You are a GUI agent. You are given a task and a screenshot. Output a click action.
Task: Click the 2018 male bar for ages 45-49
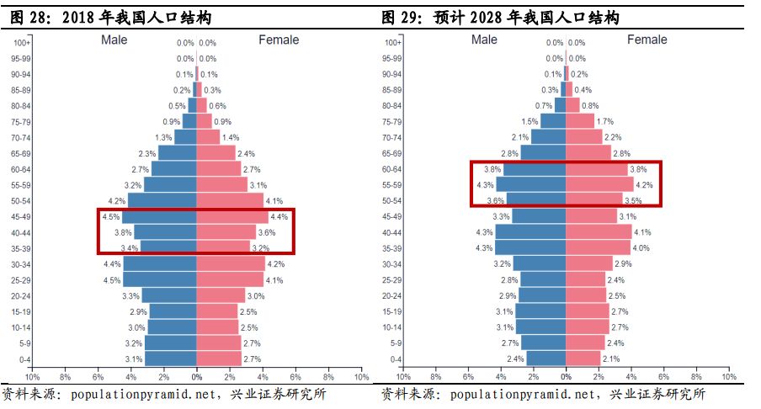pyautogui.click(x=160, y=216)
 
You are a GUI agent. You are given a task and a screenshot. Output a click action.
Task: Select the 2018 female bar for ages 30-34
pyautogui.click(x=230, y=263)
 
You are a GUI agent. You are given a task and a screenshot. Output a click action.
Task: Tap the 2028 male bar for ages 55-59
pyautogui.click(x=531, y=184)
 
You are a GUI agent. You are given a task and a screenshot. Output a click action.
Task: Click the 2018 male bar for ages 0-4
pyautogui.click(x=171, y=359)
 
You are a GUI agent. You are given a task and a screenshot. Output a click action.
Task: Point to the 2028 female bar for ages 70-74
pyautogui.click(x=584, y=137)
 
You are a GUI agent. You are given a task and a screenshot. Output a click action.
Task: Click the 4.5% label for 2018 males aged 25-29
pyautogui.click(x=111, y=279)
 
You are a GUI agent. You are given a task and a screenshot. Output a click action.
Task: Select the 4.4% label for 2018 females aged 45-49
pyautogui.click(x=279, y=216)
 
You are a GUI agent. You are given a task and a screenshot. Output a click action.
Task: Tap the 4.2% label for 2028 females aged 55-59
pyautogui.click(x=645, y=184)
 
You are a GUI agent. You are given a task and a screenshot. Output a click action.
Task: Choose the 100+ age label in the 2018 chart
pyautogui.click(x=22, y=43)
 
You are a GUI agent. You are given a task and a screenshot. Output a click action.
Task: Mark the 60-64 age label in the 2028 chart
pyautogui.click(x=391, y=169)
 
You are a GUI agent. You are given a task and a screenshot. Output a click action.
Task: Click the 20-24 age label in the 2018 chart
pyautogui.click(x=22, y=295)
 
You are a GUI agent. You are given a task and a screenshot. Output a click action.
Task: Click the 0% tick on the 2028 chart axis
pyautogui.click(x=566, y=377)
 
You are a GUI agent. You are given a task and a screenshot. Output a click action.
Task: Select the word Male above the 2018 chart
pyautogui.click(x=114, y=40)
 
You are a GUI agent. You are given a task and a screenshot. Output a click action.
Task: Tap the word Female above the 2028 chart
pyautogui.click(x=647, y=40)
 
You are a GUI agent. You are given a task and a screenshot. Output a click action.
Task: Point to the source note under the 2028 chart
pyautogui.click(x=543, y=395)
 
